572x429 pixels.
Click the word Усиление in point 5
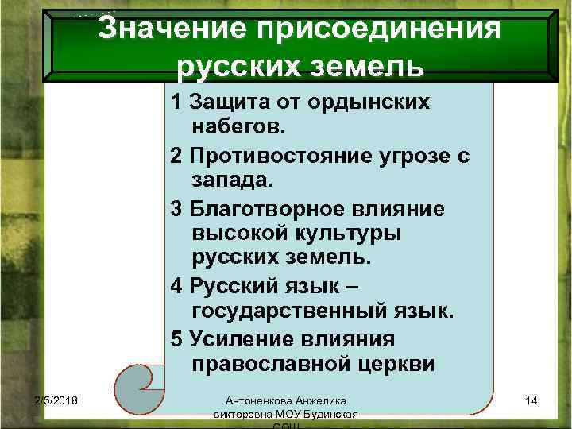[238, 338]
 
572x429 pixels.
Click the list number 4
[176, 285]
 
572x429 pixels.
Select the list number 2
[176, 155]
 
